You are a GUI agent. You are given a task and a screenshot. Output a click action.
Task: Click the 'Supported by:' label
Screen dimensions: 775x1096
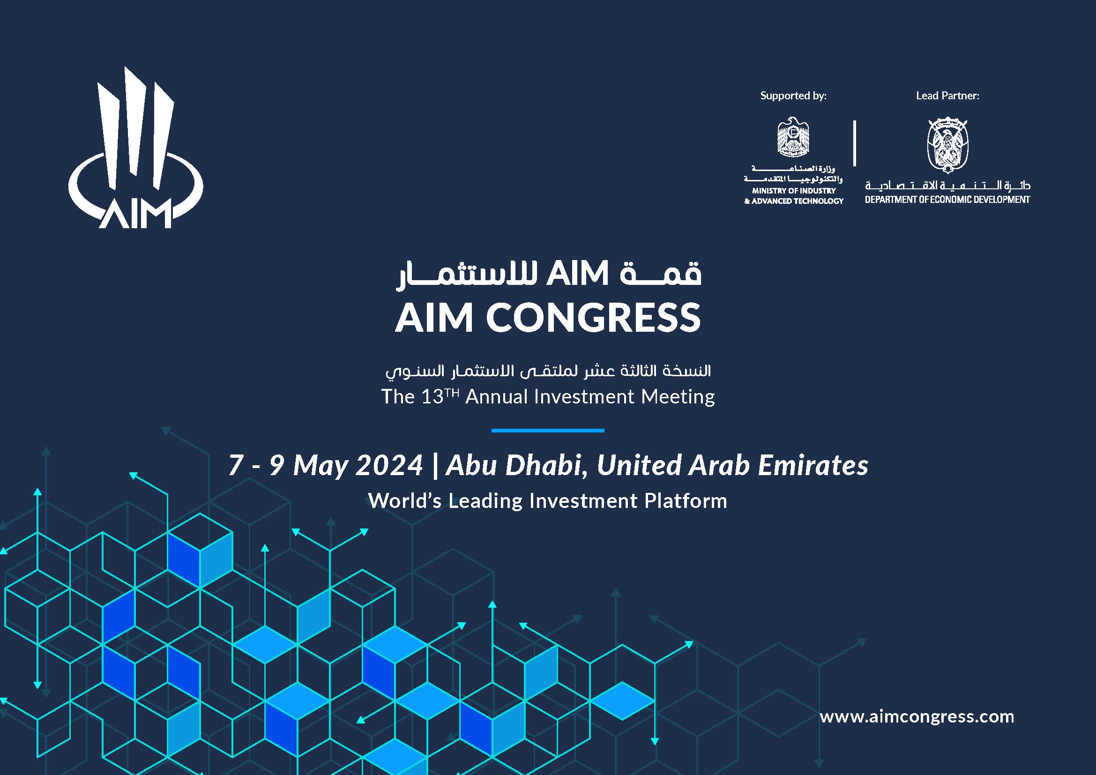coord(793,96)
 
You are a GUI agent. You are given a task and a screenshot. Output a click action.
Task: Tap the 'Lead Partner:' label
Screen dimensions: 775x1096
coord(947,96)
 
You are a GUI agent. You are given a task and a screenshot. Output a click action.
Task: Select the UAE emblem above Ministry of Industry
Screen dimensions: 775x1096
coord(793,137)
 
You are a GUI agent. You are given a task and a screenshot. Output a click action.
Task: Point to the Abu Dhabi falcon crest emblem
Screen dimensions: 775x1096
coord(947,145)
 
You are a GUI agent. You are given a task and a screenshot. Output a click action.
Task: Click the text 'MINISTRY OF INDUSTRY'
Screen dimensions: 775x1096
coord(794,191)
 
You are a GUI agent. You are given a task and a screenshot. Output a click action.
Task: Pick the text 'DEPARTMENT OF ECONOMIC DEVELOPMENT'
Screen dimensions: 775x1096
coord(947,200)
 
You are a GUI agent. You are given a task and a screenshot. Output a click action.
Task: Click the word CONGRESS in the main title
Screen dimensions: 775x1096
coord(593,318)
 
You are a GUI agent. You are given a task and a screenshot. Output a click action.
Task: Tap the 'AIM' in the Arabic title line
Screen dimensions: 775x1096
coord(577,274)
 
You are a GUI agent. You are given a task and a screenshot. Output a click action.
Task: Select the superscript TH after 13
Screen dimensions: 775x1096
coord(452,391)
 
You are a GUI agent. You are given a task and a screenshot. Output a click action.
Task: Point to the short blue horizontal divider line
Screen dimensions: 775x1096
coord(547,431)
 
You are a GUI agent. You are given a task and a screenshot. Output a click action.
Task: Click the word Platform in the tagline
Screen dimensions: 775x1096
coord(686,501)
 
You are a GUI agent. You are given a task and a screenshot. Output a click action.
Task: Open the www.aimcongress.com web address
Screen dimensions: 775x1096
coord(917,716)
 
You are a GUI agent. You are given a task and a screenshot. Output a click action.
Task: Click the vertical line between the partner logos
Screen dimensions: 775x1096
coord(855,143)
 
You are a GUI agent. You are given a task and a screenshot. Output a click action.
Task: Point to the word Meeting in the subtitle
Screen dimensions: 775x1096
coord(678,397)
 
